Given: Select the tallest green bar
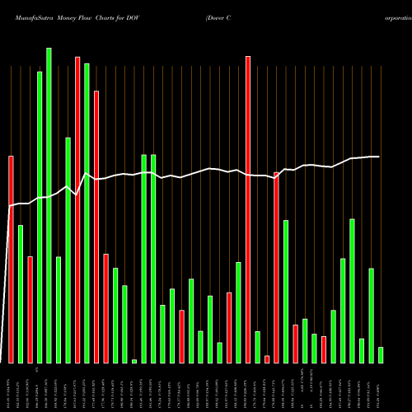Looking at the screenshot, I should click(x=49, y=205).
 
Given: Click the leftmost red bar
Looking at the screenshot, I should click(x=12, y=259).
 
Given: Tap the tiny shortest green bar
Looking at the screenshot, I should click(x=134, y=361).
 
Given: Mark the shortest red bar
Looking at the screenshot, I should click(x=267, y=358).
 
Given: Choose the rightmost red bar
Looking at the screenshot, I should click(x=324, y=349).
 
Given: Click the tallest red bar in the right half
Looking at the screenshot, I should click(x=248, y=209).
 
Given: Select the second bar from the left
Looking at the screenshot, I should click(x=21, y=293).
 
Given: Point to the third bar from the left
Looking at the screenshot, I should click(x=30, y=309).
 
